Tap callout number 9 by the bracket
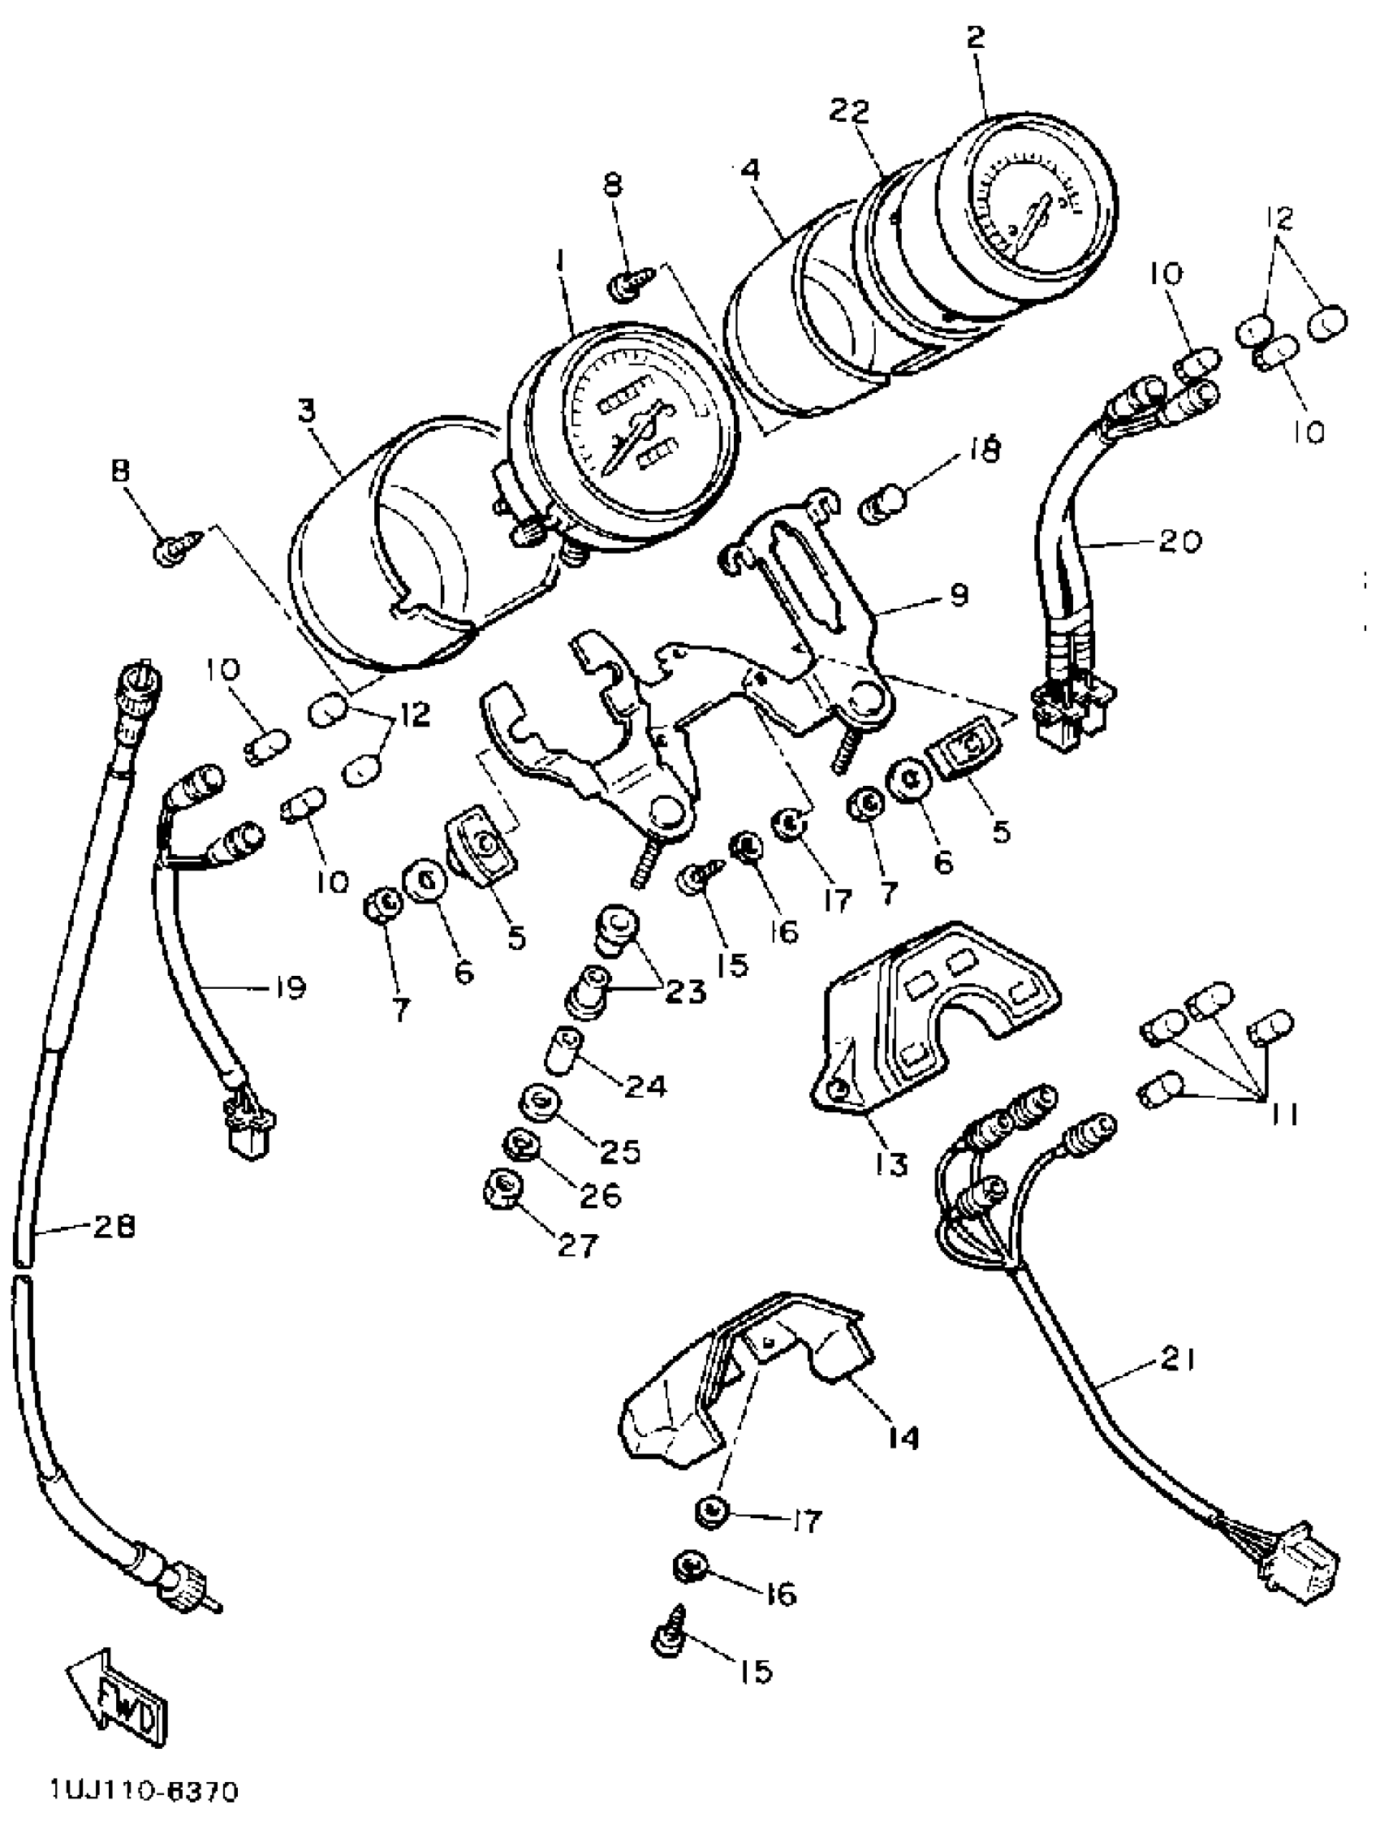pos(958,595)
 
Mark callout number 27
pos(576,1245)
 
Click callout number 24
pos(645,1085)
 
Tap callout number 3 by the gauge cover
pos(308,412)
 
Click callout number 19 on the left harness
pos(288,986)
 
